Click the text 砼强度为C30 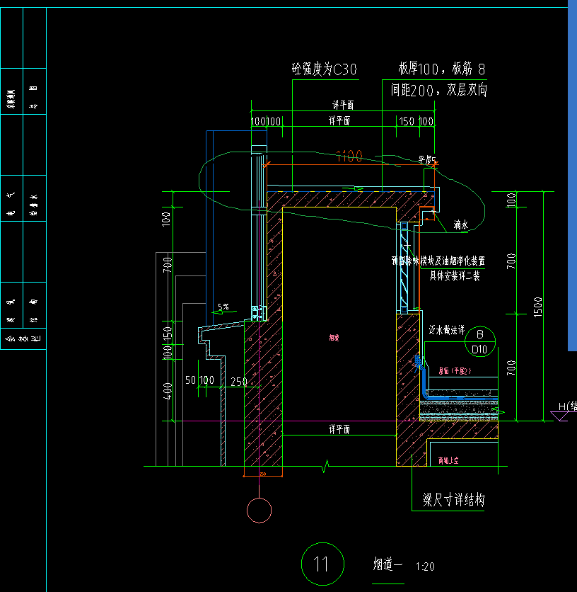[325, 69]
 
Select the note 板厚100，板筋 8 [443, 69]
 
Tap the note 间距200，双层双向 [438, 91]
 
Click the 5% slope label [223, 307]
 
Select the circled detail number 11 [322, 564]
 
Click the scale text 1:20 [426, 567]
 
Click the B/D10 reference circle [479, 341]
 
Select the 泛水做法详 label [447, 331]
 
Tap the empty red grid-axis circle [260, 510]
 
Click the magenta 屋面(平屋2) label [455, 370]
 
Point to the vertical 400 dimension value [166, 390]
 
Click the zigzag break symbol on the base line [326, 466]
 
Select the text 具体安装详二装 [455, 276]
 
